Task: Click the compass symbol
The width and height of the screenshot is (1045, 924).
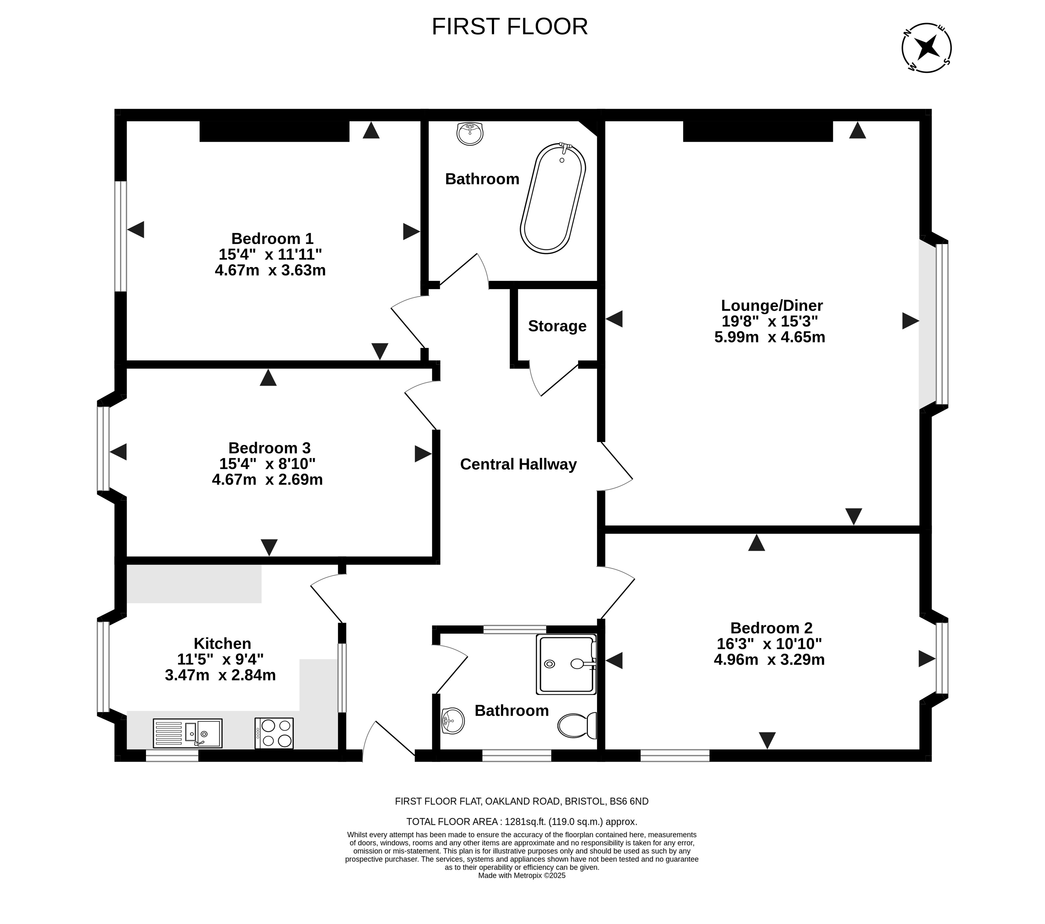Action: tap(926, 48)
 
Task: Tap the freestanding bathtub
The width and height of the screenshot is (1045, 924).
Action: tap(553, 198)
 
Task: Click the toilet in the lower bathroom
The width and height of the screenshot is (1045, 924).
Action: tap(577, 725)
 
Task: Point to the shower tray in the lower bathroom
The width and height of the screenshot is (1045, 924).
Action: tap(566, 664)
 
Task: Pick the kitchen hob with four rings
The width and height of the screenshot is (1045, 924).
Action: tap(274, 733)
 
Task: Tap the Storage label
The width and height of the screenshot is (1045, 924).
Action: tap(557, 326)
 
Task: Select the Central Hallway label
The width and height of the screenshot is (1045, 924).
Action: tap(518, 464)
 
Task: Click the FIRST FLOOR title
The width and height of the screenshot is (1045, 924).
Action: tap(510, 27)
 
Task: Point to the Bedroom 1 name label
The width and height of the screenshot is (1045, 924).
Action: tap(272, 239)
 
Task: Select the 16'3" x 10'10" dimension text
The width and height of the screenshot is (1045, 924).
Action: tap(769, 643)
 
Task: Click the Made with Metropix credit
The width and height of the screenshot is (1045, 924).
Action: tap(521, 875)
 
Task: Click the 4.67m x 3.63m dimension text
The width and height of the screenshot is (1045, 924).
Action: tap(271, 270)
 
